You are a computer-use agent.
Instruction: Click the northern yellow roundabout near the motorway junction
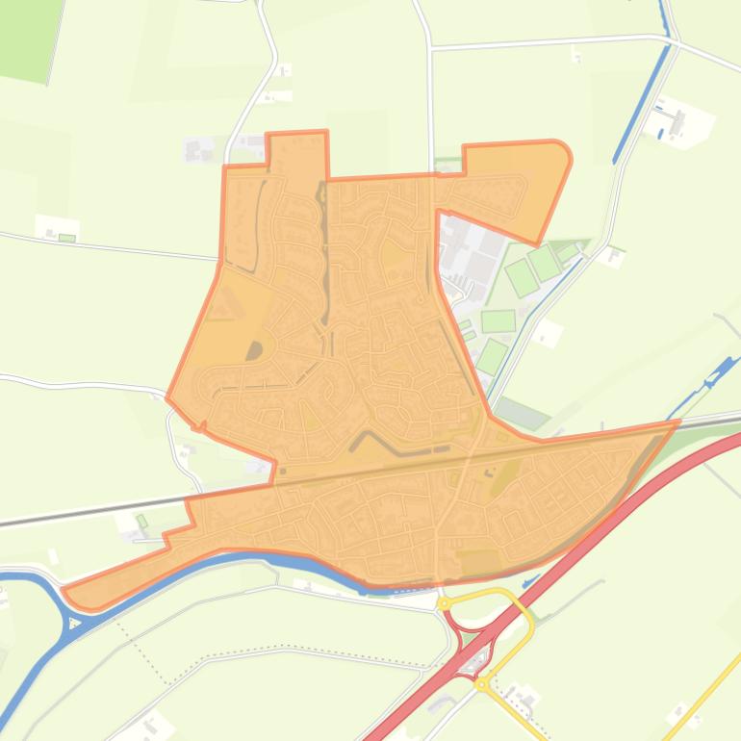444,603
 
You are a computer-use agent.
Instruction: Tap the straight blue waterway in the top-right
640,96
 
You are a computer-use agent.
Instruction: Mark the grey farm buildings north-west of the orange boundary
199,150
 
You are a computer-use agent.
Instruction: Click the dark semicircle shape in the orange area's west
254,351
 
